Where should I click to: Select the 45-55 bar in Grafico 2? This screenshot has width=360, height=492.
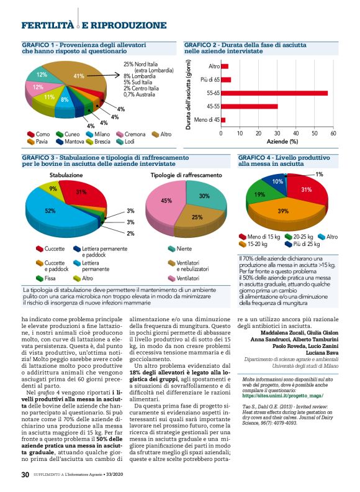click(x=249, y=106)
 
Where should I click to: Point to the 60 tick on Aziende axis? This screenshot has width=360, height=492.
click(x=333, y=133)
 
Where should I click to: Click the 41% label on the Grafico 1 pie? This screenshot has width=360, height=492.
click(x=79, y=76)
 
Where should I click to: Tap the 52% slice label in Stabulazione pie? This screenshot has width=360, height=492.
click(x=49, y=211)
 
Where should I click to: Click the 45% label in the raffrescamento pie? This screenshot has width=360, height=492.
click(x=166, y=201)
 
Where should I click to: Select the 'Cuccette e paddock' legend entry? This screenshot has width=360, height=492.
click(x=55, y=266)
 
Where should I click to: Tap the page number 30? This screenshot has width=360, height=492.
click(x=25, y=475)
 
